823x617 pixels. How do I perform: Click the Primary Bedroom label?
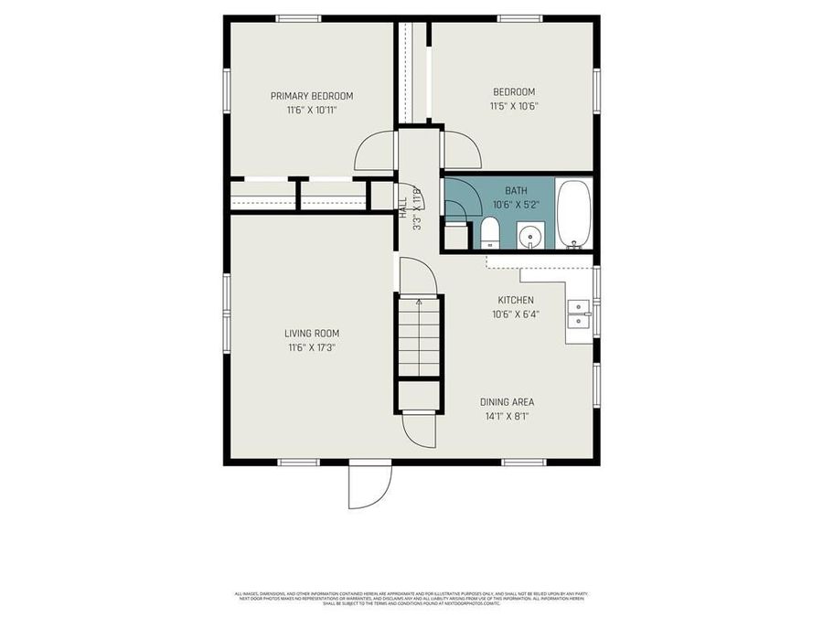(x=311, y=96)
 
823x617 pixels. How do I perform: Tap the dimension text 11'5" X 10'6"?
(x=513, y=106)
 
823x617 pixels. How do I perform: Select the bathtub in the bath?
(x=574, y=215)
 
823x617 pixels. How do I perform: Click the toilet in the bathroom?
(x=490, y=232)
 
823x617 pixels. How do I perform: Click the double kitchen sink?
(x=578, y=314)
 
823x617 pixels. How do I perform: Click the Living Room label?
(x=311, y=334)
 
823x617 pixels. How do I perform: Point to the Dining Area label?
(x=507, y=402)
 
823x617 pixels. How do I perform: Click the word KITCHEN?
(x=515, y=301)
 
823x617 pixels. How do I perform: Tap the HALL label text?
(x=403, y=207)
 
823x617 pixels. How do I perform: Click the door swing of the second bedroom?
(x=461, y=149)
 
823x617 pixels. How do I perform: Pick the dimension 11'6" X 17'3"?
(x=311, y=347)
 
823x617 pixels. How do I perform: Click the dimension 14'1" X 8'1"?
(x=507, y=416)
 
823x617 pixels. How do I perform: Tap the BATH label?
(x=516, y=191)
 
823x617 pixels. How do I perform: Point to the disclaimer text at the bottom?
(x=411, y=599)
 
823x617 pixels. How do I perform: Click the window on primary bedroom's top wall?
(x=298, y=18)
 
